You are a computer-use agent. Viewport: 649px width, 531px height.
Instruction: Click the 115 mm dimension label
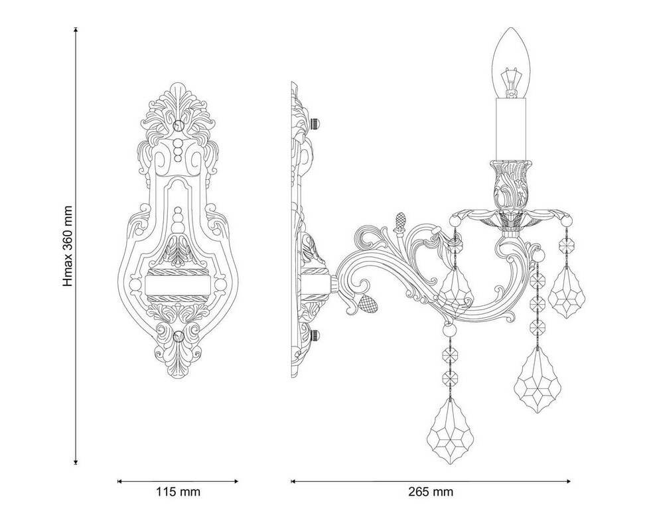pos(178,492)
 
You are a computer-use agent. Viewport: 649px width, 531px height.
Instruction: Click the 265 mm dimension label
pos(431,492)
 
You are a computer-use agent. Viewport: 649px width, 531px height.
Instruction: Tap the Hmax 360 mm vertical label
pos(68,246)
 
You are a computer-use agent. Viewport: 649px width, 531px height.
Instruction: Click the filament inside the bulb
pos(510,83)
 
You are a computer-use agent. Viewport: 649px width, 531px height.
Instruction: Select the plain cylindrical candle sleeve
pos(511,129)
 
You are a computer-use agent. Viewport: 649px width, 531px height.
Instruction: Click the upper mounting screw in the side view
pos(316,123)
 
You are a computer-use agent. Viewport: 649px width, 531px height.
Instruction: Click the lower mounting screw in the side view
pos(316,335)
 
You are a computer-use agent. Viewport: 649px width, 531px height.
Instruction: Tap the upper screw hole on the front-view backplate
pos(179,125)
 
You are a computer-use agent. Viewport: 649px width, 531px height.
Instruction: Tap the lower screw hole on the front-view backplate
pos(179,336)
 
